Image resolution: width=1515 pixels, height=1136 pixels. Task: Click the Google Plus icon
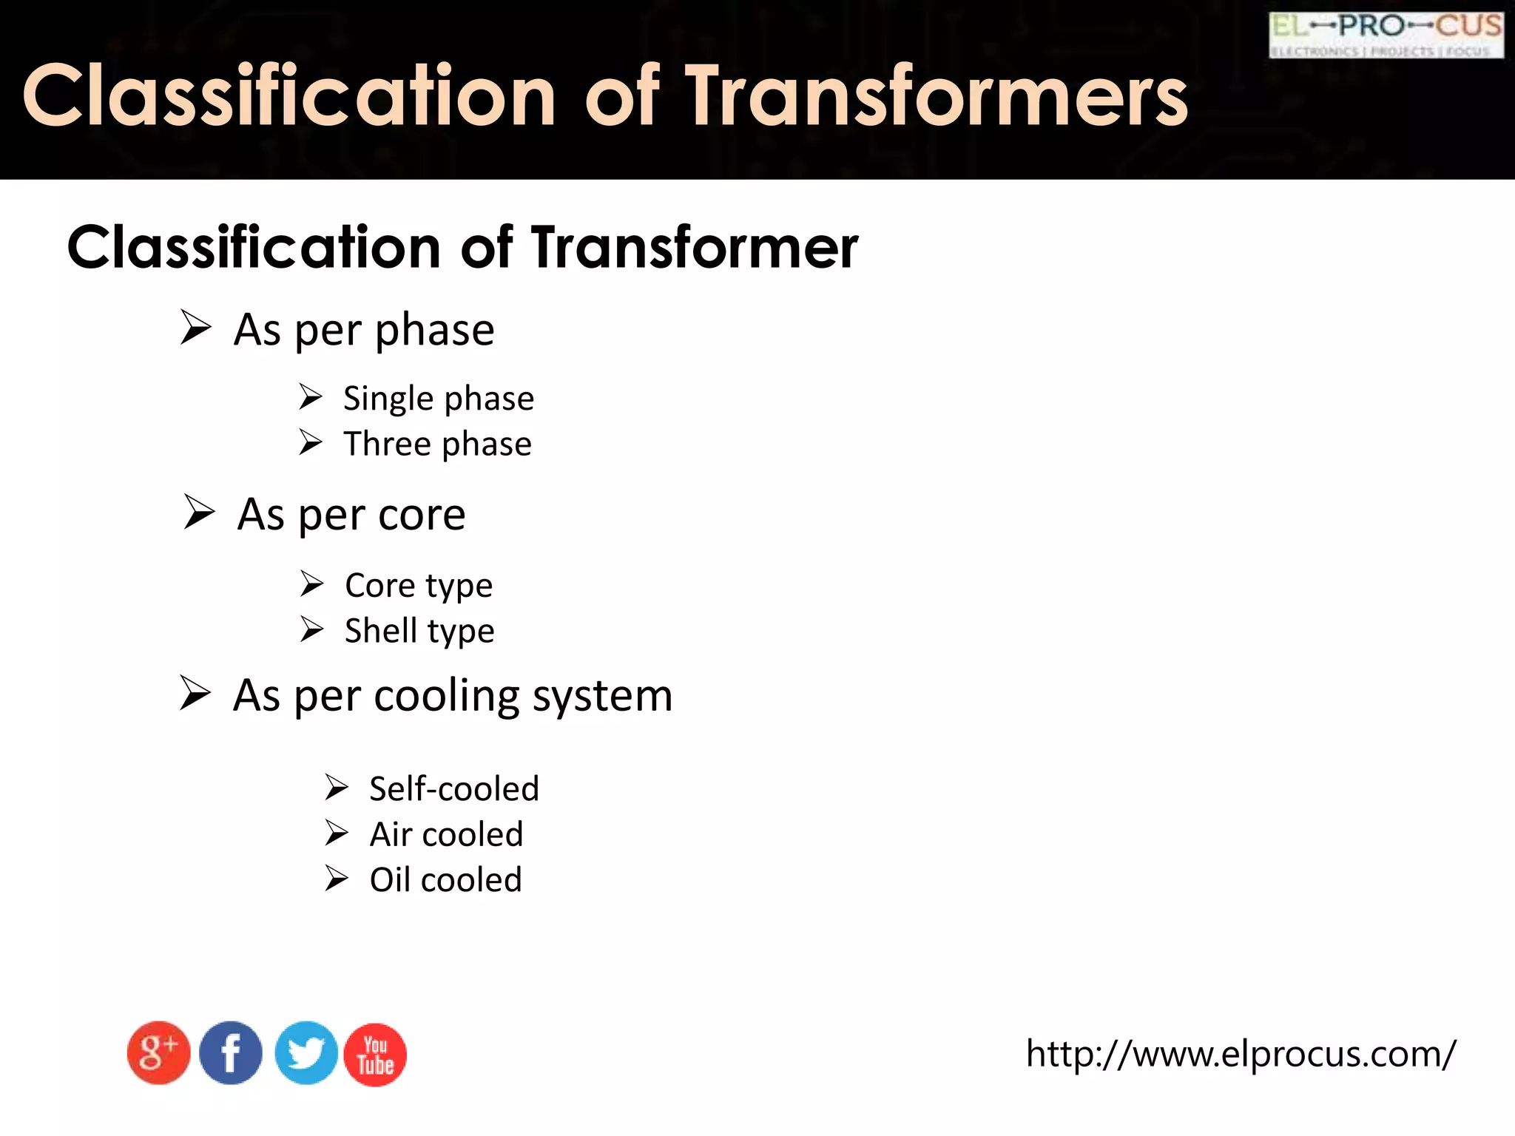point(158,1053)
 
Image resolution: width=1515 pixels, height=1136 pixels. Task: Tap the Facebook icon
point(231,1053)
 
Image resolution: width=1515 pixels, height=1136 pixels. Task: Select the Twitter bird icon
point(306,1053)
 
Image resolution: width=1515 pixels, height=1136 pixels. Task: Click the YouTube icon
point(375,1055)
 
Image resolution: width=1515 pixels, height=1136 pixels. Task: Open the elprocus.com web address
point(1241,1053)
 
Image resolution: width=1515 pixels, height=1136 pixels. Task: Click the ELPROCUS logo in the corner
point(1386,35)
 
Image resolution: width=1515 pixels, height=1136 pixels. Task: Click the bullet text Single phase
point(438,399)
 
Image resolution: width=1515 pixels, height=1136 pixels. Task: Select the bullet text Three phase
point(437,444)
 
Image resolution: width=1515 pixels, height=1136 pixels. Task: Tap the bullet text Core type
point(419,586)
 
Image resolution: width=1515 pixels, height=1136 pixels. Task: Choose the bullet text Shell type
point(419,631)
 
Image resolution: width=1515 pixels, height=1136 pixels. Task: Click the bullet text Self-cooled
point(454,788)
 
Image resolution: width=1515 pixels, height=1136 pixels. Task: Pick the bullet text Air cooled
point(446,834)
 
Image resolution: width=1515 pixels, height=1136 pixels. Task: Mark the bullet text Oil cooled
point(445,880)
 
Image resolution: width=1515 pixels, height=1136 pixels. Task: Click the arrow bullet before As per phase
point(196,328)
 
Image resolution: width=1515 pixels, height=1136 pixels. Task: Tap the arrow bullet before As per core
point(199,512)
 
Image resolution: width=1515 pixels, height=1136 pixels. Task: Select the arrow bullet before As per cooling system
point(195,693)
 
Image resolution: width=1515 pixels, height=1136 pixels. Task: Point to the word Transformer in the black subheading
point(694,247)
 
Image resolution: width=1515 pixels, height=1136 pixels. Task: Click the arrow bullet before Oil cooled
point(337,879)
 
